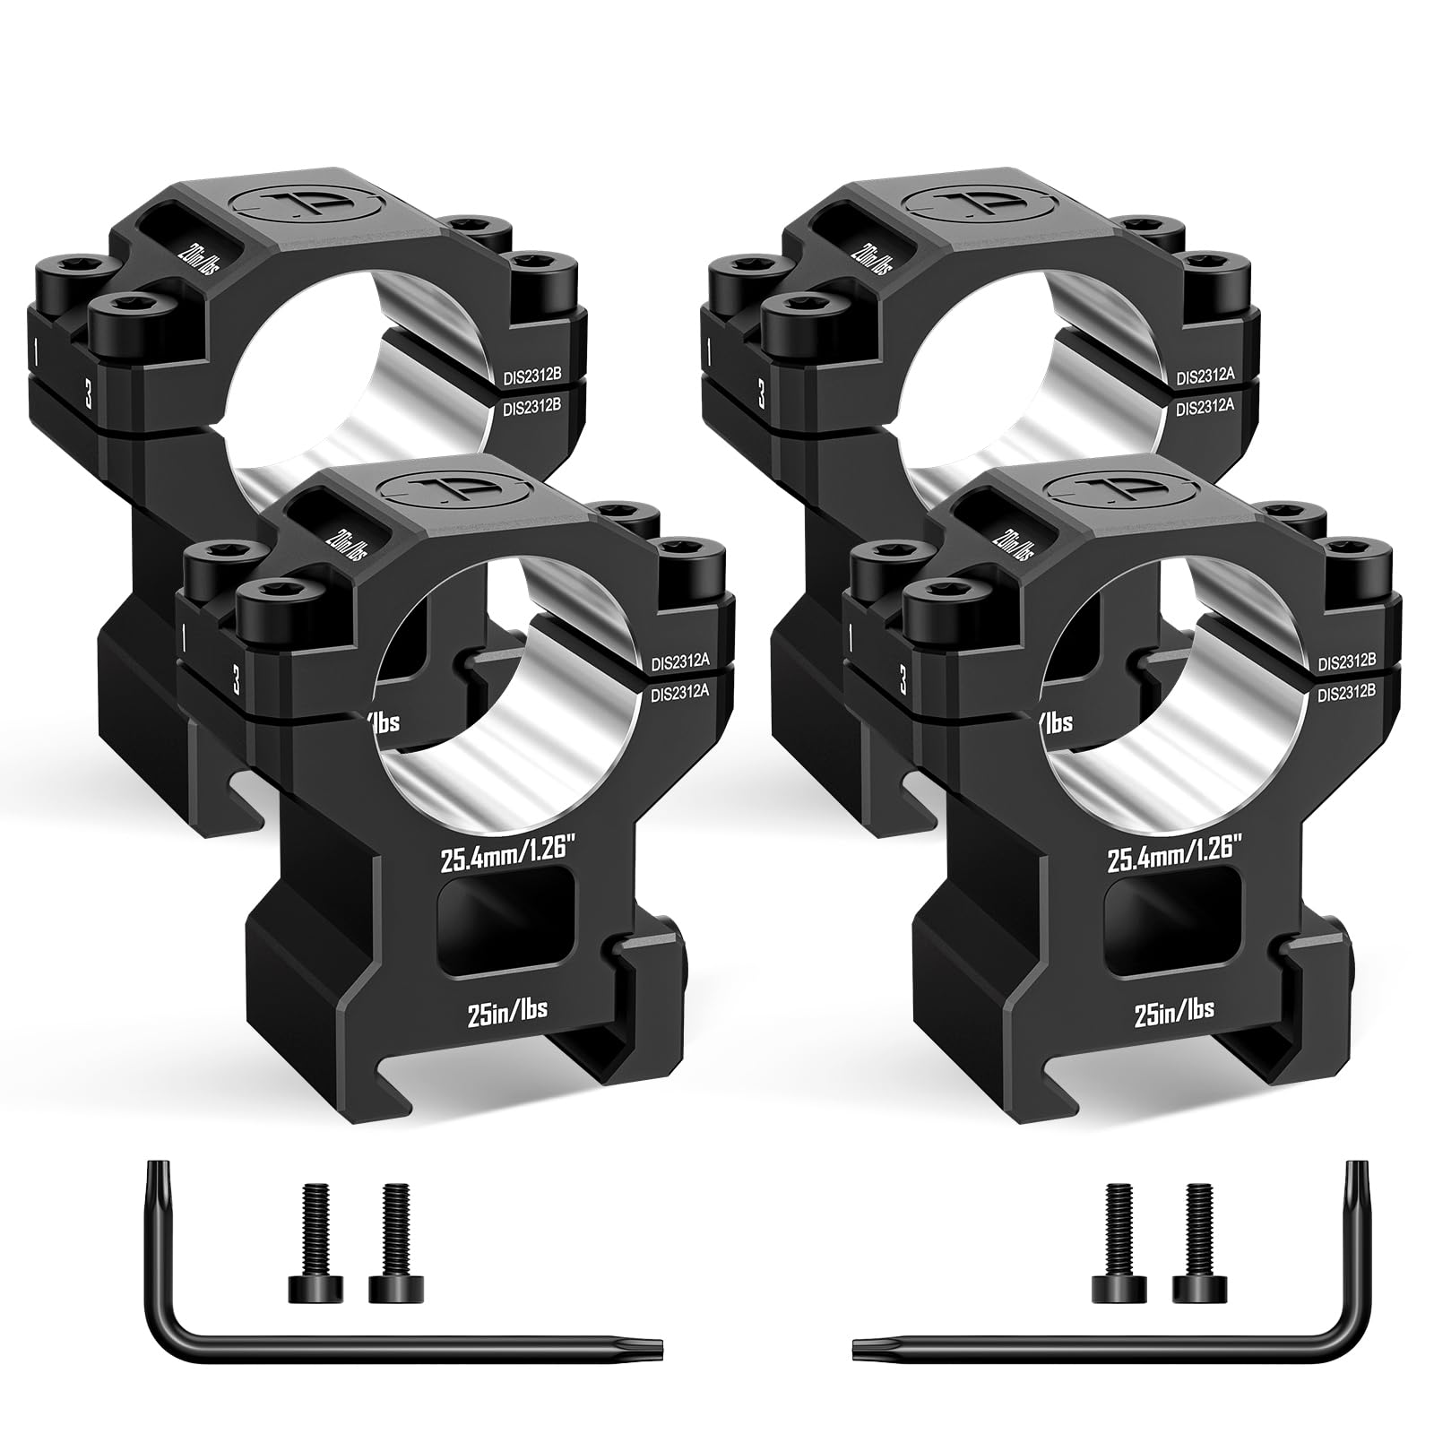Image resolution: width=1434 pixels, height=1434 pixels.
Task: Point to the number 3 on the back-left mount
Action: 89,394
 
